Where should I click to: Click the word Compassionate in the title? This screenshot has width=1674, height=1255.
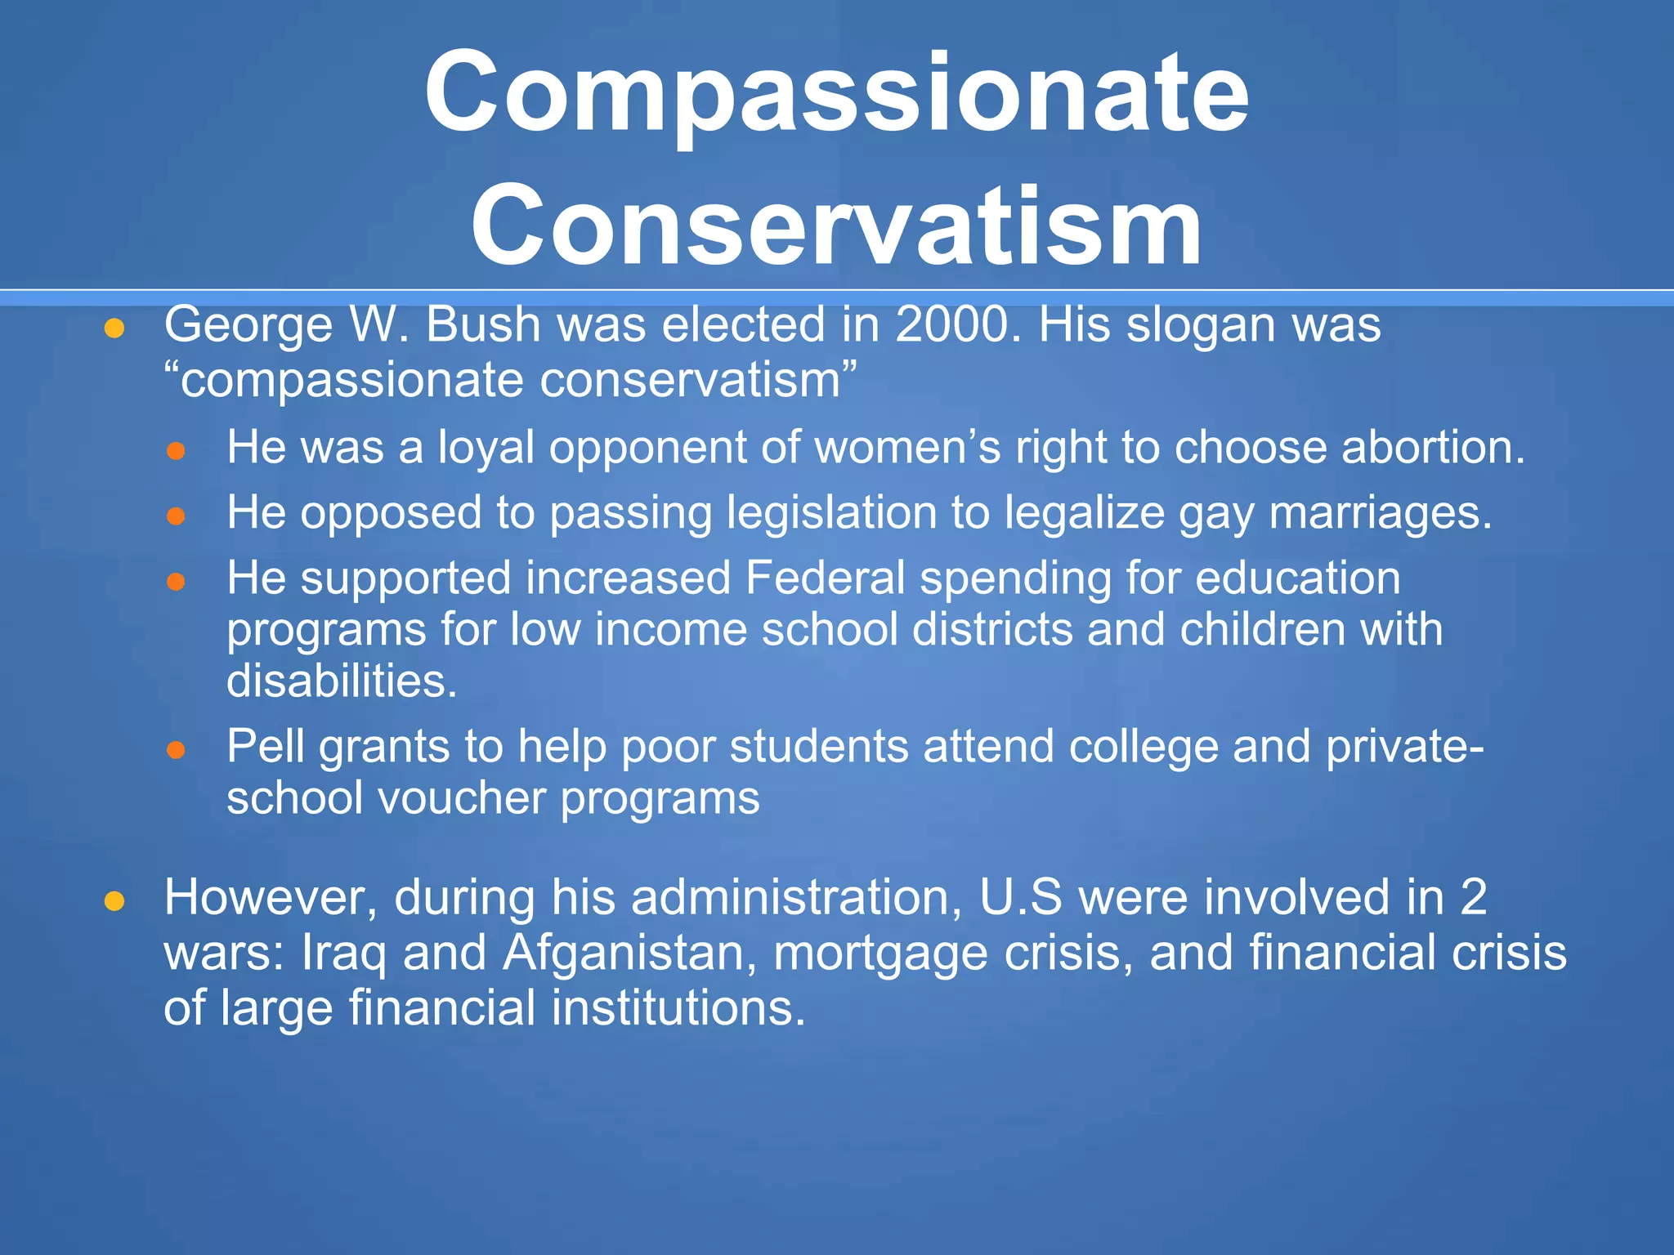836,92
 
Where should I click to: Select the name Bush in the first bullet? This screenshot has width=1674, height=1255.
483,324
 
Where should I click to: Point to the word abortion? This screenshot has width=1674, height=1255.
1432,448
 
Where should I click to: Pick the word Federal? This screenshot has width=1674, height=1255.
825,578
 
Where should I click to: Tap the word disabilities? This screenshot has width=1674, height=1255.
342,681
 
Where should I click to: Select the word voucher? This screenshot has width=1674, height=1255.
462,797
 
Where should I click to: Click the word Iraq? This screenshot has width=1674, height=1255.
343,953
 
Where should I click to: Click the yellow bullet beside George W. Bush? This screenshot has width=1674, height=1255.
114,328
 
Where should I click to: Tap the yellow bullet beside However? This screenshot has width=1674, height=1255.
114,901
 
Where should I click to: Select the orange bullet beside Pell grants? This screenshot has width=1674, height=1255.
177,750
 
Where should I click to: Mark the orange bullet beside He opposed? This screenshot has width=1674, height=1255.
177,516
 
